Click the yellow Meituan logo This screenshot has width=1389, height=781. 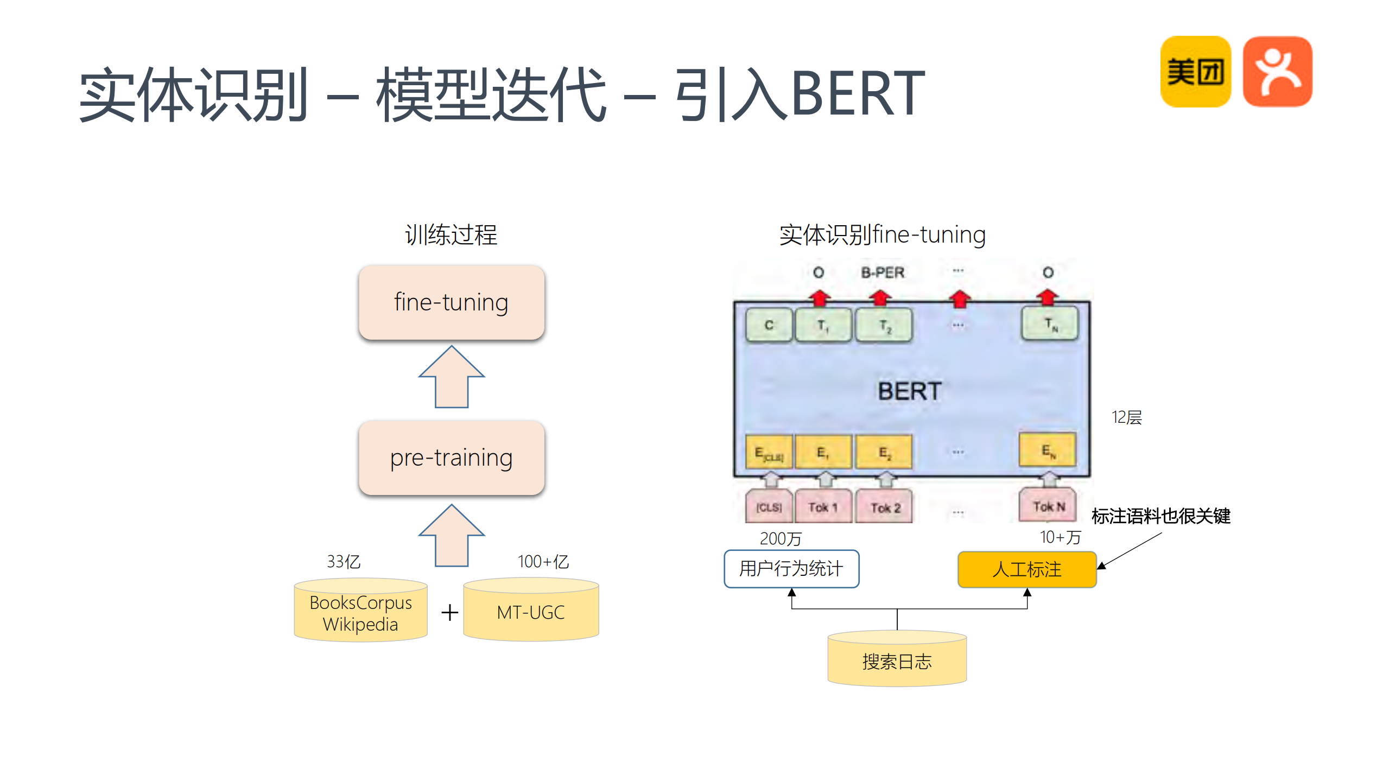1195,72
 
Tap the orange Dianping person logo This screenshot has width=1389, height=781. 1277,72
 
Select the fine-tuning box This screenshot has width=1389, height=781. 451,302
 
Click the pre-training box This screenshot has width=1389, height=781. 451,458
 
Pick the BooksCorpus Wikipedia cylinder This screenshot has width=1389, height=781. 360,612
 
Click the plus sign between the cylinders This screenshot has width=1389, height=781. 449,613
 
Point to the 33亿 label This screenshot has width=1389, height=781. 343,561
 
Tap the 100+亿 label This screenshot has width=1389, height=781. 543,561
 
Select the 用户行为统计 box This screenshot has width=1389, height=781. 791,569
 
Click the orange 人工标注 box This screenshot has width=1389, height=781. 1026,569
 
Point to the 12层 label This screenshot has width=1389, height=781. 1126,417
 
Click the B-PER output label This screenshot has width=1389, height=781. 883,272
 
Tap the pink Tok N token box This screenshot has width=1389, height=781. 1048,506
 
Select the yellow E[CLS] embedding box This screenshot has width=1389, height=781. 769,452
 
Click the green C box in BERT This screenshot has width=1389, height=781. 769,325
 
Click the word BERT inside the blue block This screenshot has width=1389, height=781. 910,391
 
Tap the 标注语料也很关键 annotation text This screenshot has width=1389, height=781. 1160,516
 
